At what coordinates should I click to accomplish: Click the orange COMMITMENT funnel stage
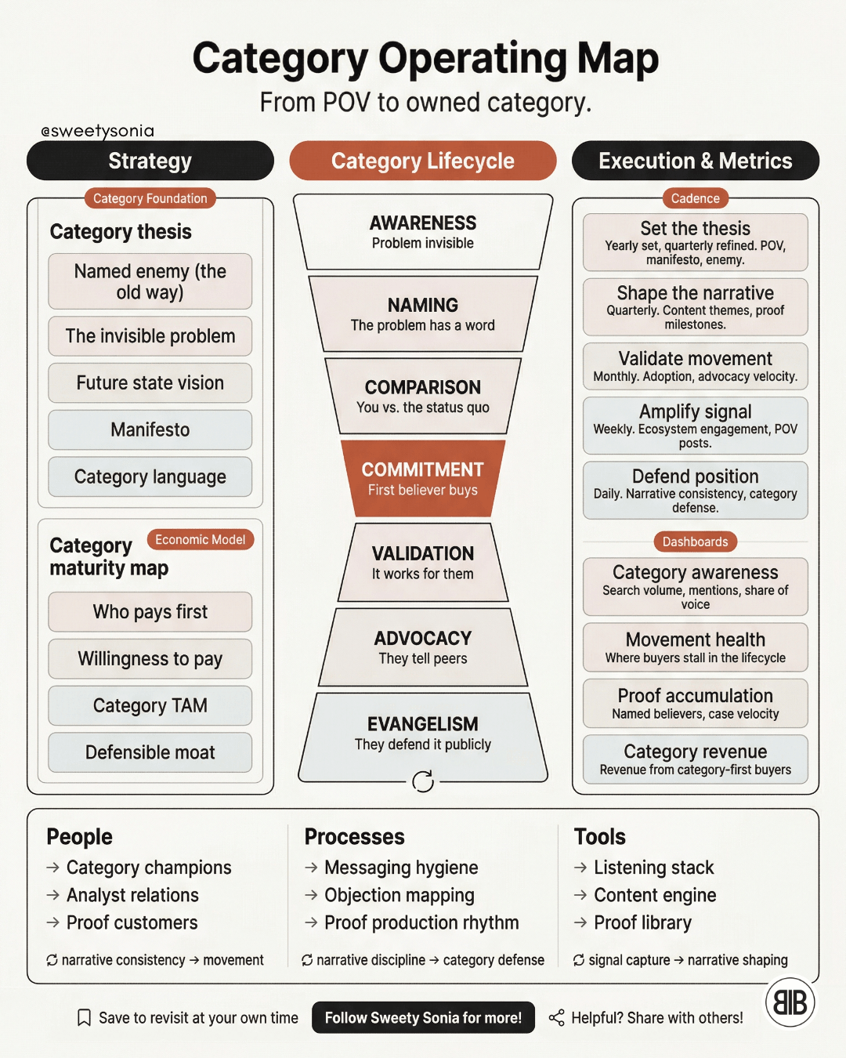(x=423, y=478)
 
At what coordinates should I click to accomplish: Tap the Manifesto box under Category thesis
(x=150, y=429)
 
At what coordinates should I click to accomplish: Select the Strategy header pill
(x=150, y=161)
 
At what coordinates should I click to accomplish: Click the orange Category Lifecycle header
(x=423, y=161)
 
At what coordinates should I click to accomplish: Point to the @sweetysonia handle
(x=97, y=131)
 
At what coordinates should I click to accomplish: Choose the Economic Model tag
(x=200, y=539)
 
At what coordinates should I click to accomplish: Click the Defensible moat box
(x=150, y=752)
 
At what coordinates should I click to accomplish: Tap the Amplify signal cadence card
(x=695, y=426)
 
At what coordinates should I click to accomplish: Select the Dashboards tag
(x=695, y=542)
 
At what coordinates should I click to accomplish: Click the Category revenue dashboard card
(x=695, y=759)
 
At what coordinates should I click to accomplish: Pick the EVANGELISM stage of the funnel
(x=423, y=737)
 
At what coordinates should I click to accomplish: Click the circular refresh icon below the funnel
(x=423, y=781)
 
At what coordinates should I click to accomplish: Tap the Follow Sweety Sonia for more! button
(x=423, y=1017)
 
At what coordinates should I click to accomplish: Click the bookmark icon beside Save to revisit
(x=84, y=1018)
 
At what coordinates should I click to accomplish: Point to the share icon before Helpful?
(x=556, y=1018)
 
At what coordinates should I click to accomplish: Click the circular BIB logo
(x=790, y=1002)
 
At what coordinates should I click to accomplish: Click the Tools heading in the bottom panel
(x=600, y=837)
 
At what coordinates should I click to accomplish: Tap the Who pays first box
(x=150, y=611)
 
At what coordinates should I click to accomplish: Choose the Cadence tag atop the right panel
(x=695, y=198)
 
